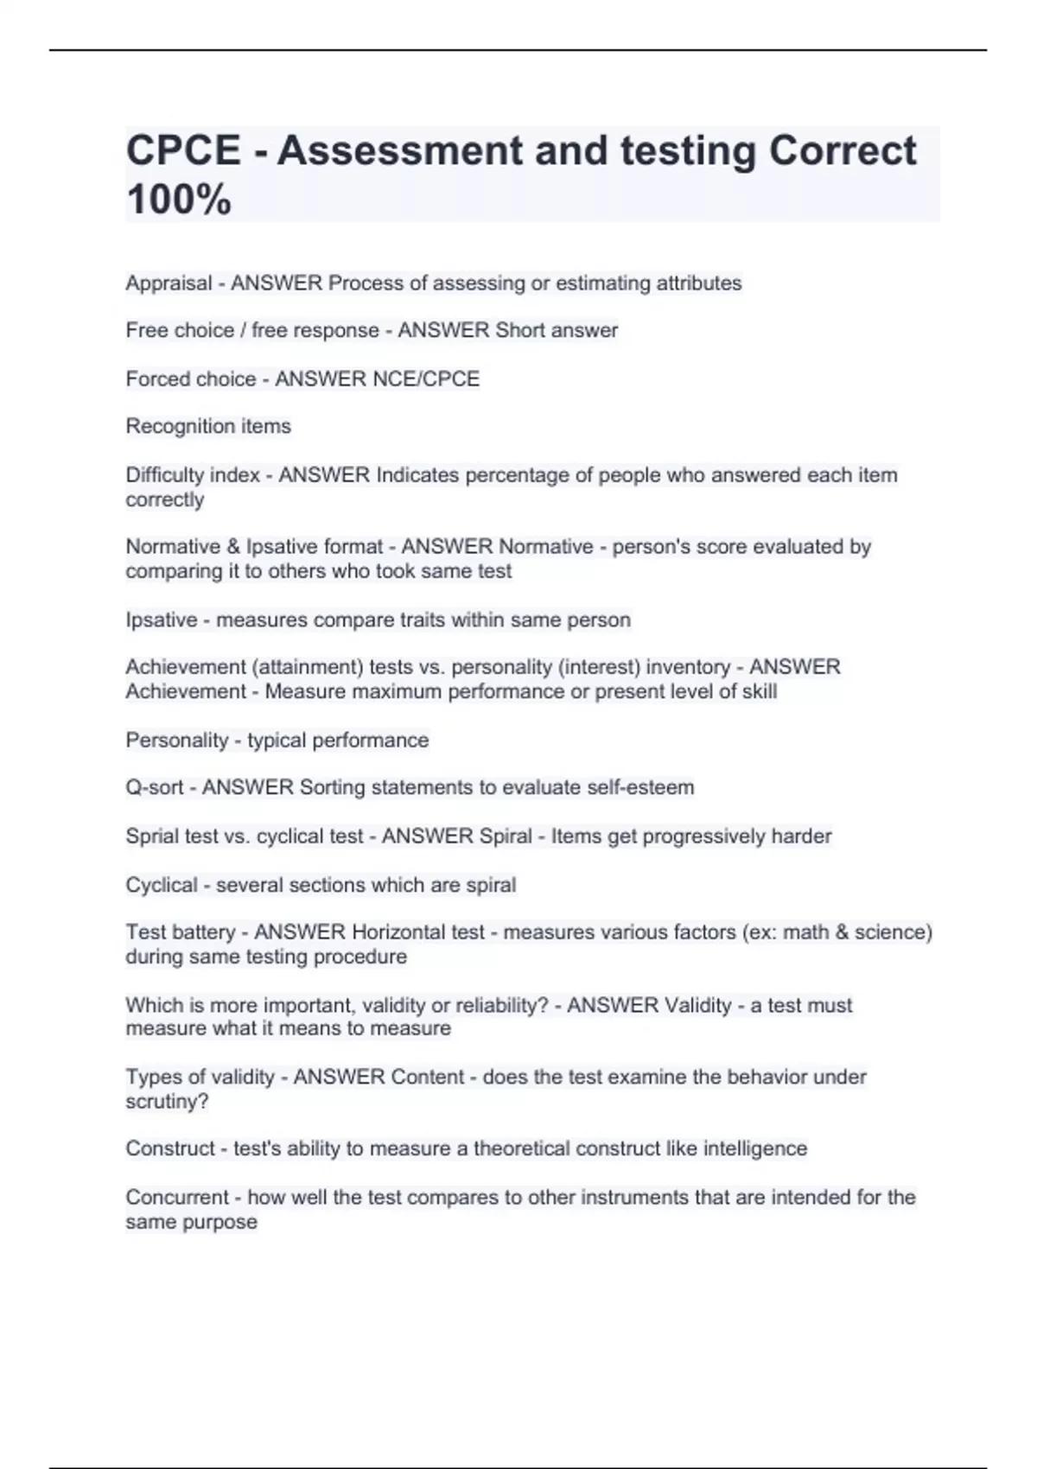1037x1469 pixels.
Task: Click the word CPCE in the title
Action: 183,150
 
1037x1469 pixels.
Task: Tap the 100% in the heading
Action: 179,200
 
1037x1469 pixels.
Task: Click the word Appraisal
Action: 169,283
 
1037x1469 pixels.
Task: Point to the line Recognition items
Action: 208,426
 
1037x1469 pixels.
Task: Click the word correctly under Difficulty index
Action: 165,499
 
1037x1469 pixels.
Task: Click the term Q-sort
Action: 155,787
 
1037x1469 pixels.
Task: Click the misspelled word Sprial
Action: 153,836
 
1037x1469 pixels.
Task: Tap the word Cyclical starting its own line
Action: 162,885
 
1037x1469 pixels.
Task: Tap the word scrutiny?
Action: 167,1102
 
